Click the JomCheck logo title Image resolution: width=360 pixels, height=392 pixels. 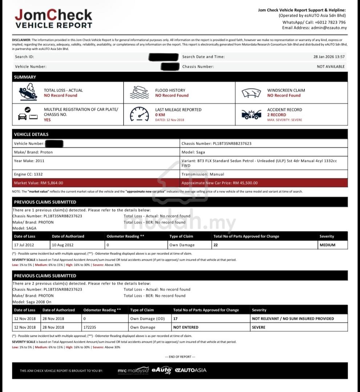click(53, 15)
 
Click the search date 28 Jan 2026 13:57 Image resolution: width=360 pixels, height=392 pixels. click(329, 57)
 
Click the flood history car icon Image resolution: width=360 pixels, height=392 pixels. click(139, 93)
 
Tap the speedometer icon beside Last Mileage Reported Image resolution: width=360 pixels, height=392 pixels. click(139, 114)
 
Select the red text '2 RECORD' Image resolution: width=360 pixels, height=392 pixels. click(276, 115)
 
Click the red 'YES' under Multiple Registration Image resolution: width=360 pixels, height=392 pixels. click(47, 120)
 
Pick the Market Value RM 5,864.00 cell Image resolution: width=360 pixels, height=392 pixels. click(96, 183)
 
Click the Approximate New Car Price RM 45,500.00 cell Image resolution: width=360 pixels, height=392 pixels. click(263, 183)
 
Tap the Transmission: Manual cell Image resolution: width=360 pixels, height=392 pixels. click(263, 174)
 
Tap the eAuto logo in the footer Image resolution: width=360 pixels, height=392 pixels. click(162, 370)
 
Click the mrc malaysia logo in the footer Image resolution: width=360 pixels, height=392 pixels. click(133, 371)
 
